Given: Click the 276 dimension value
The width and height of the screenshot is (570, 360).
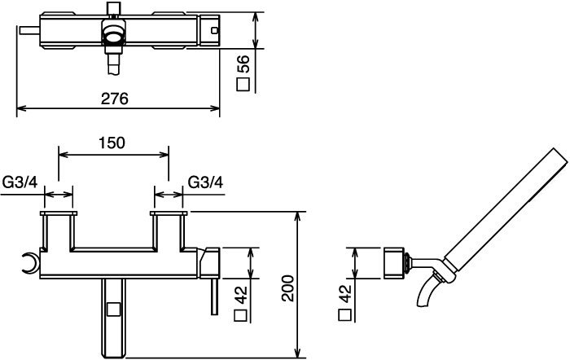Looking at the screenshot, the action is tap(115, 99).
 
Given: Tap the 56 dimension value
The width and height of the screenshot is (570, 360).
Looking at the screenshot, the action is tap(243, 64).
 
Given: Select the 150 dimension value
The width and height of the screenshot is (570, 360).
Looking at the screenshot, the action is tap(112, 143).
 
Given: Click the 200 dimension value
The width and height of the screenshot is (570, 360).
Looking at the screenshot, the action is tap(288, 288).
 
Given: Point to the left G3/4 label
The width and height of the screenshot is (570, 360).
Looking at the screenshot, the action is tap(20, 182).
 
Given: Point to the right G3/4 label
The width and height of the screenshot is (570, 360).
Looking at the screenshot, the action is tap(205, 182).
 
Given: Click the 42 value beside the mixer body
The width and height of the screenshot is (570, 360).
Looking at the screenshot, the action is tap(241, 296).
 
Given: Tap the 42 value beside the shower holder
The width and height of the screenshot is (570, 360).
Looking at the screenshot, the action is tap(345, 294).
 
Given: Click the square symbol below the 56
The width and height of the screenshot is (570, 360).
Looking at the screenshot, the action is tap(243, 85).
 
